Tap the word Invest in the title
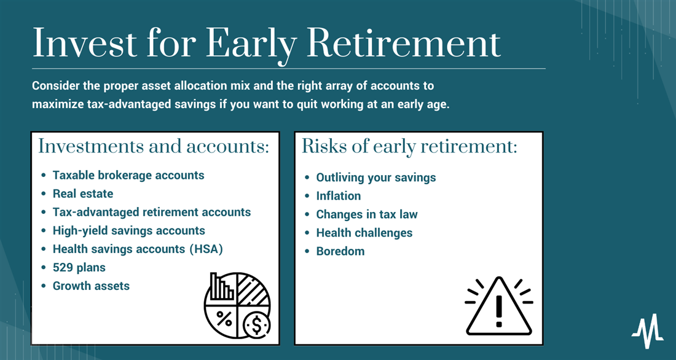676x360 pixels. [85, 44]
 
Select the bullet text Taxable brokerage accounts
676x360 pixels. [128, 176]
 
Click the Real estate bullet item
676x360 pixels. [83, 194]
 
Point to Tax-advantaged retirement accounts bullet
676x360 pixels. [152, 212]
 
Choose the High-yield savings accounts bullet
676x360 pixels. [129, 230]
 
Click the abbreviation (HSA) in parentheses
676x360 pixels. [206, 249]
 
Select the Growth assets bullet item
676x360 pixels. [91, 286]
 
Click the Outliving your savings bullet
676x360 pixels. [376, 178]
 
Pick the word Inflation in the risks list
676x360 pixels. [339, 196]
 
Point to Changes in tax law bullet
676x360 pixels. [367, 214]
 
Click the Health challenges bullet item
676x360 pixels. [364, 233]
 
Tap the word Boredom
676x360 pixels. [340, 251]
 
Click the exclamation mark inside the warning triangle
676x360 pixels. [499, 311]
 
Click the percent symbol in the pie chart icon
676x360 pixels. [224, 318]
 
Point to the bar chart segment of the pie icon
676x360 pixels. [221, 286]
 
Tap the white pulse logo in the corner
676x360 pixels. [648, 331]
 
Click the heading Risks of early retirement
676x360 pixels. [409, 146]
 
